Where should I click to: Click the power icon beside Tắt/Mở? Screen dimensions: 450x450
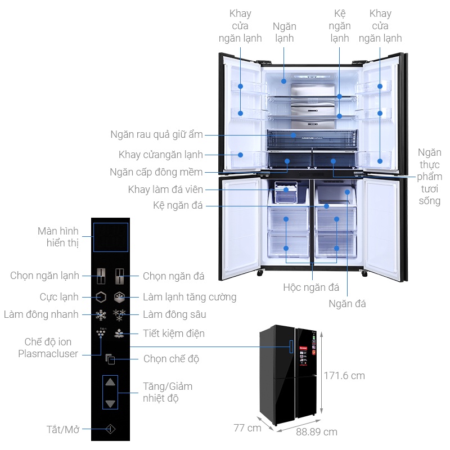tap(110, 429)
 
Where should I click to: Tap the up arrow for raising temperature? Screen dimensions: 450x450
tap(110, 382)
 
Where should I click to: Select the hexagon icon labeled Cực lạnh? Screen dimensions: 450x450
tap(101, 297)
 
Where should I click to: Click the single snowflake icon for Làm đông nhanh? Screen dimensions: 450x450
tap(101, 315)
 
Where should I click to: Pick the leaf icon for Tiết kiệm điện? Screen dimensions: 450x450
tap(119, 333)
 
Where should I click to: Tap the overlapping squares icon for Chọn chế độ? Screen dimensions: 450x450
tap(110, 359)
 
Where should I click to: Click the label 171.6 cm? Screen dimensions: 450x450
tap(344, 376)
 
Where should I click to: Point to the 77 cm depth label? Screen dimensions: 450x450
tap(247, 428)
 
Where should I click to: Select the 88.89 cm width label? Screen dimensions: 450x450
tap(317, 432)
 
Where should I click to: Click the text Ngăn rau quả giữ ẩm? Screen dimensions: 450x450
tap(157, 134)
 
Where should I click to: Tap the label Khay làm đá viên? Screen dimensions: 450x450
tap(165, 190)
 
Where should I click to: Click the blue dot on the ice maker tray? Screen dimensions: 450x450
tap(286, 190)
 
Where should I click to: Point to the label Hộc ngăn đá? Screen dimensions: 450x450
tap(311, 287)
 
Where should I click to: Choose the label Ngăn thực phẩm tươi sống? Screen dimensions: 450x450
tap(429, 177)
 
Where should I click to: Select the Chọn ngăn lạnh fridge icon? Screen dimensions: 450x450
tap(101, 276)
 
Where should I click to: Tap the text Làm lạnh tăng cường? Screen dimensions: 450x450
tap(190, 297)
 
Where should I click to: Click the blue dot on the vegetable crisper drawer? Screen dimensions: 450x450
tap(293, 135)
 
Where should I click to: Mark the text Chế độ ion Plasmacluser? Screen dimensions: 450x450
tap(48, 348)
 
